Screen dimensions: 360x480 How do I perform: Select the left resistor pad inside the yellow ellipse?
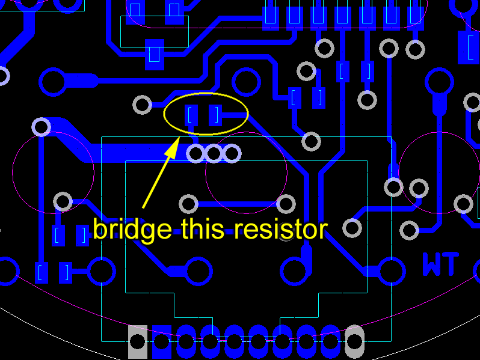coord(192,115)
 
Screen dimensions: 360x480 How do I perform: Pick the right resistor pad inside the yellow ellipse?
coord(215,115)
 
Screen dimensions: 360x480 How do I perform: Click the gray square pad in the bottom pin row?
coord(138,342)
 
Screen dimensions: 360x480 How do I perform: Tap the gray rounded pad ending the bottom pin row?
coord(355,341)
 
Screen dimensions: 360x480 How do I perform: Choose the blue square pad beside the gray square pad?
coord(162,342)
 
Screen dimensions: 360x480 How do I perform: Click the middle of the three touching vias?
coord(214,154)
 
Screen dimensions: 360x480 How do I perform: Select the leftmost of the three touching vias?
coord(196,154)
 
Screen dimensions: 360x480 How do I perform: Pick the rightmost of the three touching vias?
coord(232,154)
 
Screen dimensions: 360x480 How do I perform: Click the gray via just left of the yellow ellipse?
coord(143,105)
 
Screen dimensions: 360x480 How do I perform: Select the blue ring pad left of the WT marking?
coord(392,271)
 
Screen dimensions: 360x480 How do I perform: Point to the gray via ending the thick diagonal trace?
coord(41,127)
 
